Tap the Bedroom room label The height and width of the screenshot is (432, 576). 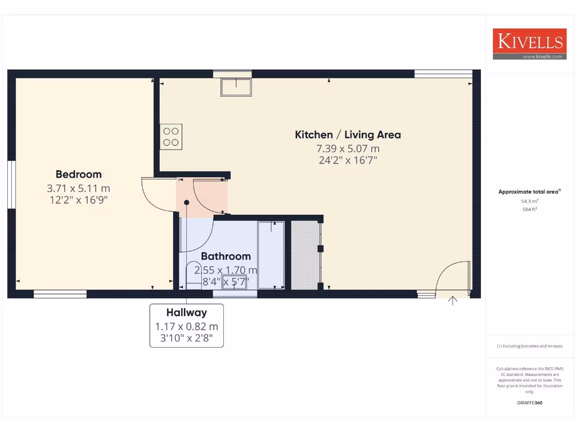[79, 174]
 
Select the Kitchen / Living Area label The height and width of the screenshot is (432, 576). [348, 135]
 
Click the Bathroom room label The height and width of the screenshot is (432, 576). [226, 256]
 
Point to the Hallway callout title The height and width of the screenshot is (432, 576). [186, 313]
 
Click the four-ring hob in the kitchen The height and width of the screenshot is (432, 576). [172, 137]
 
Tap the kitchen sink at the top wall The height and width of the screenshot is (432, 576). [235, 87]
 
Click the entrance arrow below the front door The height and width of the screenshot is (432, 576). [453, 301]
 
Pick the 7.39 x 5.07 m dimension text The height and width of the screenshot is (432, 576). [348, 149]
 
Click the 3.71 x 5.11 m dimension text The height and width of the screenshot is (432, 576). [79, 188]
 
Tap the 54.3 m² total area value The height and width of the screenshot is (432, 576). [529, 200]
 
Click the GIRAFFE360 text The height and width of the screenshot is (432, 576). [529, 403]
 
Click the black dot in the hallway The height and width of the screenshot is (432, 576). [186, 202]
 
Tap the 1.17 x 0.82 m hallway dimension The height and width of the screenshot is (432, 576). [186, 326]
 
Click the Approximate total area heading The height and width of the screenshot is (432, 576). [529, 192]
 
